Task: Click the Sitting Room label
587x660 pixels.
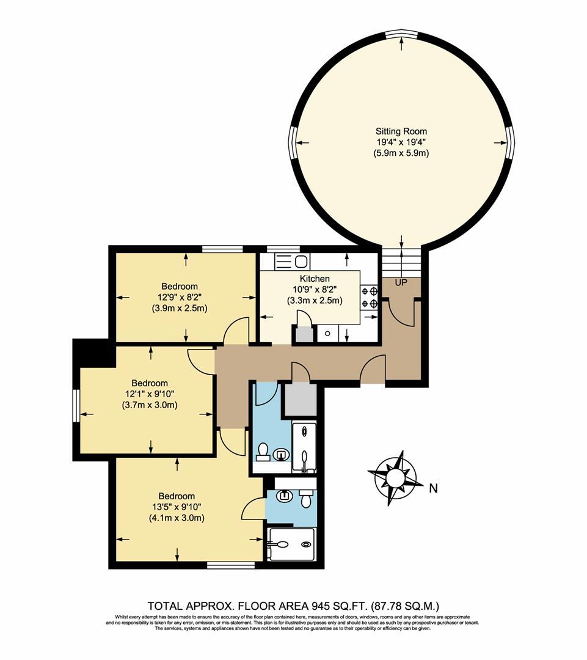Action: pos(401,131)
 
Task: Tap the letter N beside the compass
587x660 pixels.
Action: pos(434,488)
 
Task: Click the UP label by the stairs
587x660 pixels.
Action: pos(401,284)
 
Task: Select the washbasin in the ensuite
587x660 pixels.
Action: pos(283,496)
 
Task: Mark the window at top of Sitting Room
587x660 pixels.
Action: pos(401,34)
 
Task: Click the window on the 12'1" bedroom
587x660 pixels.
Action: pos(76,405)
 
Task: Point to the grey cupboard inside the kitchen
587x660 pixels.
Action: pos(303,335)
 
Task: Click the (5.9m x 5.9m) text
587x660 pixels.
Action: pos(401,153)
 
